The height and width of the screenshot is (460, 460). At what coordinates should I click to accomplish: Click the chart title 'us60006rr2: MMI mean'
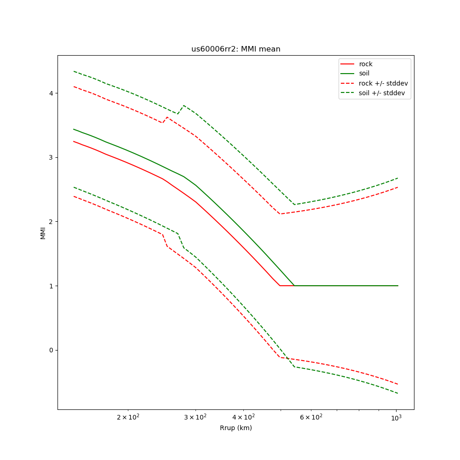point(236,49)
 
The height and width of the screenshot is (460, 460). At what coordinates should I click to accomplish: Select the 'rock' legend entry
point(366,64)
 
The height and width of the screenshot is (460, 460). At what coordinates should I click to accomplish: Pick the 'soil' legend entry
point(364,73)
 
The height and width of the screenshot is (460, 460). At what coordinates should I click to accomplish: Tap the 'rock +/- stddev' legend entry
point(383,83)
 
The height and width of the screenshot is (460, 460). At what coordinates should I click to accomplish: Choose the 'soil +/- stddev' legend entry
point(383,93)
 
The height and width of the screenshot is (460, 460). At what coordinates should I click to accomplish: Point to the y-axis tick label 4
point(51,93)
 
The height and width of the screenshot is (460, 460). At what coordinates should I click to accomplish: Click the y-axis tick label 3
point(51,157)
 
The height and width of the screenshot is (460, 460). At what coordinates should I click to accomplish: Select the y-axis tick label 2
point(51,222)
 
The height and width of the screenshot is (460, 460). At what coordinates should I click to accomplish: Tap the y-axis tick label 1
point(51,286)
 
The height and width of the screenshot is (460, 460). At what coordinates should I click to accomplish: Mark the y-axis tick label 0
point(51,350)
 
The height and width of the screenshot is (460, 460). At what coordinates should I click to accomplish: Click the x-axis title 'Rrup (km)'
point(236,428)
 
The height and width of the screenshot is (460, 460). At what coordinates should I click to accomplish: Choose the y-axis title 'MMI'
point(43,233)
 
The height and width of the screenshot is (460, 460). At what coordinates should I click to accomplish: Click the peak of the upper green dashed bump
point(184,105)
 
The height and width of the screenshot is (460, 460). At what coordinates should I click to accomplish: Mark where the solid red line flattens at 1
point(280,286)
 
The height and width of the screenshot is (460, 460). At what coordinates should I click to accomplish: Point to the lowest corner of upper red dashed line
point(280,214)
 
